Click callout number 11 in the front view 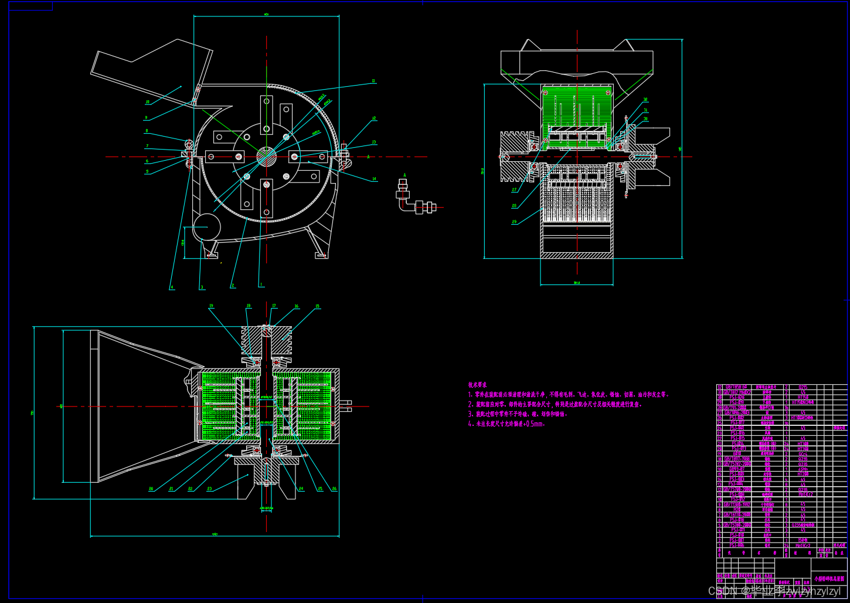(373, 81)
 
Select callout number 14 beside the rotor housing (374, 179)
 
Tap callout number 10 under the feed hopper (147, 102)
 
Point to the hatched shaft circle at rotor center (266, 156)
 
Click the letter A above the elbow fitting (404, 175)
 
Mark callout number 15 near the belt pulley (317, 306)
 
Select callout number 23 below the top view (209, 488)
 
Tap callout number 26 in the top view (334, 488)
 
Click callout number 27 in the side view (514, 190)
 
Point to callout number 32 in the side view (645, 100)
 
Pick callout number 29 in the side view (514, 222)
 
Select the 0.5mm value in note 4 (533, 424)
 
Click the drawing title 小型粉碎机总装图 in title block (829, 578)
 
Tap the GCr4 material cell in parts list (803, 453)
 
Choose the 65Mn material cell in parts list (803, 469)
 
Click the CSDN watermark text (722, 591)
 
